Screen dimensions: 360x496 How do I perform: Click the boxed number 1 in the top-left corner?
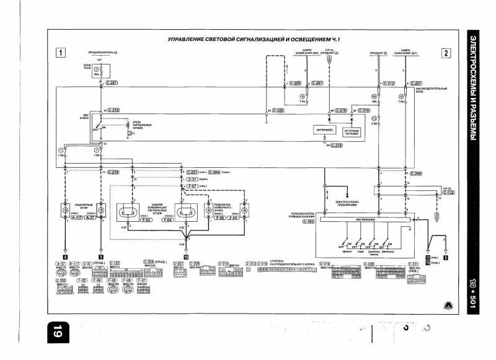tap(61, 53)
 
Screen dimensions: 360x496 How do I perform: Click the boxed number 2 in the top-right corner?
tap(446, 53)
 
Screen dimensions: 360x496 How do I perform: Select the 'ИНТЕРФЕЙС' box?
tap(325, 131)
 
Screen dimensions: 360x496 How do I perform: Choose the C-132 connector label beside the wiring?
tap(448, 193)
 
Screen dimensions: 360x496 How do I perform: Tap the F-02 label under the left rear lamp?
tap(131, 218)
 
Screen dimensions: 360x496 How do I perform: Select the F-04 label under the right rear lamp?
tap(184, 218)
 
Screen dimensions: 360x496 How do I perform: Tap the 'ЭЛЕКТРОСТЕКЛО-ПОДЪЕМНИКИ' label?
tap(348, 204)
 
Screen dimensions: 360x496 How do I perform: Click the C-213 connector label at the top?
tap(390, 82)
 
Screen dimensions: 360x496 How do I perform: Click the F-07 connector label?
tap(194, 185)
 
